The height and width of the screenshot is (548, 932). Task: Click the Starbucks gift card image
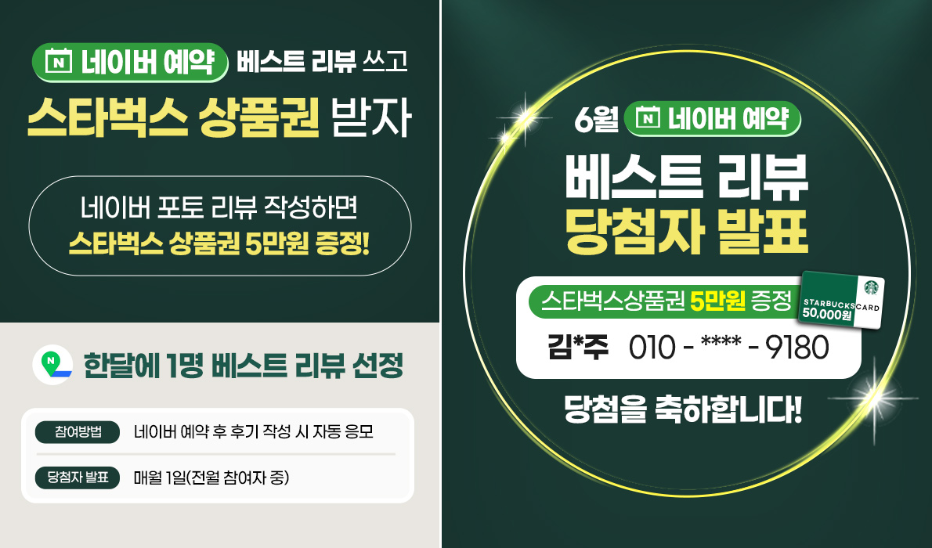[841, 300]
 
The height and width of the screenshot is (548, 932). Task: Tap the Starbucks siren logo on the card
[872, 287]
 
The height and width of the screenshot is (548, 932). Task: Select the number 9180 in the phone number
[797, 348]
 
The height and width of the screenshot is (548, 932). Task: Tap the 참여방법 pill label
[78, 432]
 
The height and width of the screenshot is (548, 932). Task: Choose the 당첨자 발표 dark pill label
[78, 478]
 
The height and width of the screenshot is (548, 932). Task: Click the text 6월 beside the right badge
[596, 120]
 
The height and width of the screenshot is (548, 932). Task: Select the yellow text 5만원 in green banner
[717, 301]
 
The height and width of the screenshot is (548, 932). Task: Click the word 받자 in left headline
[371, 117]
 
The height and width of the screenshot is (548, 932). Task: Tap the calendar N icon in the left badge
[58, 62]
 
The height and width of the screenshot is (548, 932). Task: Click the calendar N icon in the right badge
[648, 118]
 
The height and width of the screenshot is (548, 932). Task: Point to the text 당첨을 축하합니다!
[683, 409]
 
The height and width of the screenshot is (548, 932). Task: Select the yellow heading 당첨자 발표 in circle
[687, 231]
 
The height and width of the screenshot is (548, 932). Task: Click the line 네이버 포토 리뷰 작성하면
[219, 207]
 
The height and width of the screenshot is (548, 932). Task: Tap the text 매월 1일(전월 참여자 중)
[211, 478]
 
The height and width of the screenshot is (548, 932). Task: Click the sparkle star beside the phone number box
[874, 398]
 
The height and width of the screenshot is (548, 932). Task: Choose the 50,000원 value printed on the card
[827, 314]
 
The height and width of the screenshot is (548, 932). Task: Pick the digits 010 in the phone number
[652, 348]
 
